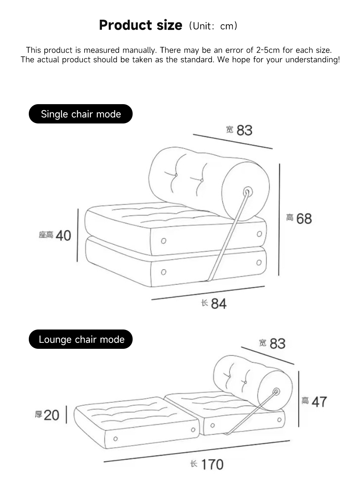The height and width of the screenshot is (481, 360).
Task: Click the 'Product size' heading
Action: [x=141, y=25]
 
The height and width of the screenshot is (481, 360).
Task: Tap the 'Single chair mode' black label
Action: [x=81, y=114]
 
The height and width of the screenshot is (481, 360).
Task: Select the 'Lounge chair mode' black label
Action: [x=81, y=339]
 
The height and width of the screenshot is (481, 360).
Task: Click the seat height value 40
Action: [x=63, y=236]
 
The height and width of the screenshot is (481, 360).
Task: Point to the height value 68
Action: [x=304, y=219]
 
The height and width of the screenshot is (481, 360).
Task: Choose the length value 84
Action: [x=219, y=304]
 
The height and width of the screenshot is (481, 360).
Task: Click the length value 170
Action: [x=212, y=465]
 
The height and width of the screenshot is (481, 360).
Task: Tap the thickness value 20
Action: [x=52, y=415]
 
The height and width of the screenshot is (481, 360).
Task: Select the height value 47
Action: [x=319, y=402]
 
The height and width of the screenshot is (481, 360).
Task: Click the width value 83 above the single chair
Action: [x=244, y=130]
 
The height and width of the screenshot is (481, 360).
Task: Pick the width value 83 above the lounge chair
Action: [x=277, y=344]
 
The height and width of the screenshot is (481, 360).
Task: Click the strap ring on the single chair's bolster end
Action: [x=248, y=192]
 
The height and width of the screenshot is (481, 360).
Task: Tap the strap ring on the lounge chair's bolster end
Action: [x=277, y=391]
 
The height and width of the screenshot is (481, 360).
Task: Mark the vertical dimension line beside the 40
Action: [x=78, y=235]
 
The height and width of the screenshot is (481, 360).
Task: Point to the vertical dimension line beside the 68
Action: [x=279, y=220]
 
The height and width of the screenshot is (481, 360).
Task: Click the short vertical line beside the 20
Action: [x=66, y=415]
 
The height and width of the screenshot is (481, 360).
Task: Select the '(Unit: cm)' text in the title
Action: [x=213, y=26]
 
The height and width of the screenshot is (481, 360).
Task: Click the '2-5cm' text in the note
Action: [x=268, y=50]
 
